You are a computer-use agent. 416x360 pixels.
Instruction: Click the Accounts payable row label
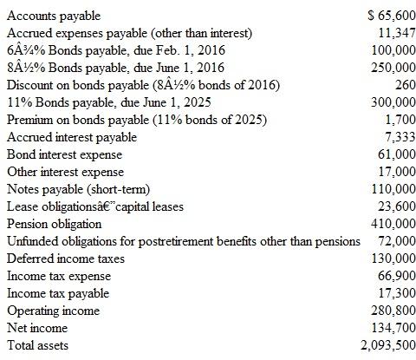coord(53,16)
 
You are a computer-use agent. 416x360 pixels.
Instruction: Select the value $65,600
coord(389,16)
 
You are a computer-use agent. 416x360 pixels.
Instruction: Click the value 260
coord(402,85)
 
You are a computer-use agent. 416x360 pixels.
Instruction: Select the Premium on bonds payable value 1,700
coord(397,120)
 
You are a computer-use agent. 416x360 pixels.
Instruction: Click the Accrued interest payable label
coord(71,137)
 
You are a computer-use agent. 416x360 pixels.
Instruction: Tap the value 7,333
coord(397,137)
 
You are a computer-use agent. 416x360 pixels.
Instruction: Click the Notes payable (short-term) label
coord(79,189)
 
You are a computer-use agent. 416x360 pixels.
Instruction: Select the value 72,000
coord(393,240)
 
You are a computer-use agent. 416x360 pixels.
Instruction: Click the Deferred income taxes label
coord(65,259)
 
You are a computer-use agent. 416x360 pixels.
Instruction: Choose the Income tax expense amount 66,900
coord(393,276)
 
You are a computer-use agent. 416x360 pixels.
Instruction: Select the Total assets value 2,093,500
coord(386,345)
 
